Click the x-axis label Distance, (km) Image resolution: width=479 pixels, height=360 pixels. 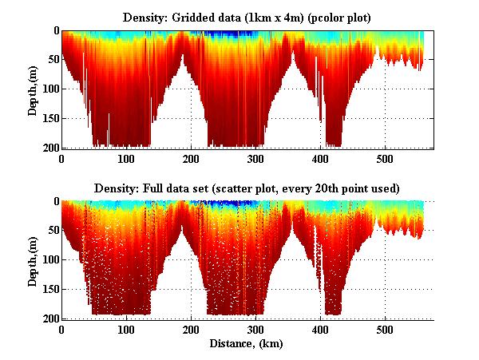click(247, 343)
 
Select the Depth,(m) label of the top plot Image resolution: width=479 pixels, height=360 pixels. click(33, 89)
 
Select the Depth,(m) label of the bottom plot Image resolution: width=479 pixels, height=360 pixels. click(33, 260)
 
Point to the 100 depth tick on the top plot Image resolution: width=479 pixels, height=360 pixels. click(49, 89)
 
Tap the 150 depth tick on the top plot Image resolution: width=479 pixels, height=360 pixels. click(49, 119)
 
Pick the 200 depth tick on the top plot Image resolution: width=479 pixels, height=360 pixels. click(49, 148)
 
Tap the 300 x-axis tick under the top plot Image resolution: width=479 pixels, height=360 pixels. click(255, 159)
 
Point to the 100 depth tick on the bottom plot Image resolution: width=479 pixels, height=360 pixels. click(49, 260)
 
